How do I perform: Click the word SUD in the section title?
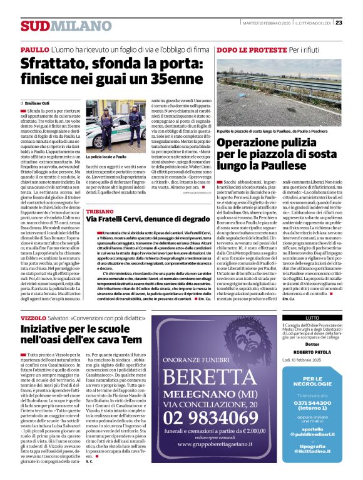pos(33,26)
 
